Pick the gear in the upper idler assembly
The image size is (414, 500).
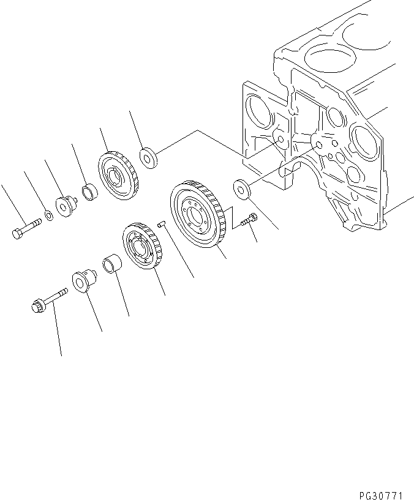pyautogui.click(x=119, y=177)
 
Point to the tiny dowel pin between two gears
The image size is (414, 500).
pyautogui.click(x=160, y=225)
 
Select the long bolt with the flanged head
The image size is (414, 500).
pyautogui.click(x=47, y=301)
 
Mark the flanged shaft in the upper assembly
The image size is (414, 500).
pyautogui.click(x=65, y=206)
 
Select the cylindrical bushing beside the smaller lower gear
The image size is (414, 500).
pyautogui.click(x=113, y=267)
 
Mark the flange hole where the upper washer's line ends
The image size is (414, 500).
pyautogui.click(x=279, y=140)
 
